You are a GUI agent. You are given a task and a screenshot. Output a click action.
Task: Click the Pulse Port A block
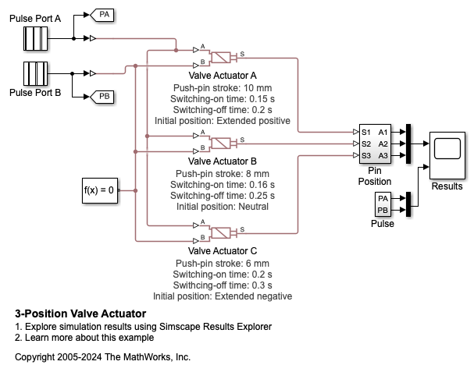pos(34,37)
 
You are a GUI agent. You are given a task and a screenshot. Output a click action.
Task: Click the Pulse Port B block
pos(34,73)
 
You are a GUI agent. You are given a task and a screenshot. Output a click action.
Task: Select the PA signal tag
pos(103,15)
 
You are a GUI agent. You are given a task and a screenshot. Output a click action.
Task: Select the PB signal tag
pos(103,96)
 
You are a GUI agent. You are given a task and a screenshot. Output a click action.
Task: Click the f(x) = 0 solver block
pos(99,190)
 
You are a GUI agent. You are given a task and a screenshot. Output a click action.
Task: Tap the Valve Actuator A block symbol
pos(225,57)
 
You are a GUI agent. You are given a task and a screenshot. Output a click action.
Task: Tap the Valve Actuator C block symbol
pos(225,232)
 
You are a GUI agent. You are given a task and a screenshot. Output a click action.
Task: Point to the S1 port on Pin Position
pos(365,132)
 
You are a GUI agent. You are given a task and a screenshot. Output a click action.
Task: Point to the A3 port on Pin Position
pos(383,155)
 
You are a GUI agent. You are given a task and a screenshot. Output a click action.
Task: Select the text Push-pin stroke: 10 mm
pos(223,88)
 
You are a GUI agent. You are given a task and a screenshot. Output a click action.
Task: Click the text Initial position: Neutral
pos(223,207)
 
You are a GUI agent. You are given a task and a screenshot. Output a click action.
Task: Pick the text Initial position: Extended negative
pos(223,296)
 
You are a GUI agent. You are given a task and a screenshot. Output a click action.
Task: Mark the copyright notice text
pos(102,356)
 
